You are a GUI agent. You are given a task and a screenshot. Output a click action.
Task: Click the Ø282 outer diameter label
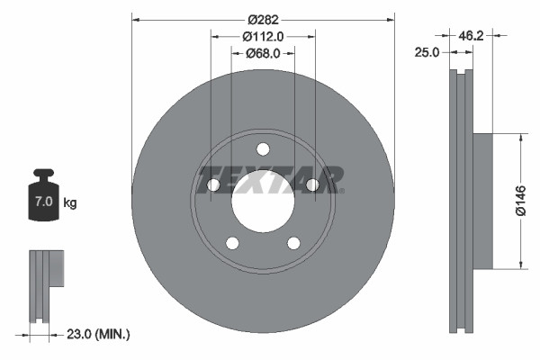click(263, 20)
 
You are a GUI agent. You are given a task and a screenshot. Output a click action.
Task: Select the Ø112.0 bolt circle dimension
click(263, 37)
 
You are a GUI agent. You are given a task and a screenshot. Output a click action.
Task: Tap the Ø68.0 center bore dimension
click(263, 53)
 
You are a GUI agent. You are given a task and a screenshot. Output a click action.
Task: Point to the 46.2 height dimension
click(472, 36)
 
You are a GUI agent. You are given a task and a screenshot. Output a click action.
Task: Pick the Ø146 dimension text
click(520, 201)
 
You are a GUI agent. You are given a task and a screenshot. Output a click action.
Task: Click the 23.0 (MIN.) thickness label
click(98, 334)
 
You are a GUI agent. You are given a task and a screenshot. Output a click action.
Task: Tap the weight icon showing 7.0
click(43, 193)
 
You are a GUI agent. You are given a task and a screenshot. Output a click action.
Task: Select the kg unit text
click(70, 202)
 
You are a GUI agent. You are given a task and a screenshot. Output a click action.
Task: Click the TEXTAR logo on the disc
click(269, 179)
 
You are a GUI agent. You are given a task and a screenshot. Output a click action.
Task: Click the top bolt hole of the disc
click(263, 149)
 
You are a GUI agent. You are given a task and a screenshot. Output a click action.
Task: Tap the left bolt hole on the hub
click(213, 185)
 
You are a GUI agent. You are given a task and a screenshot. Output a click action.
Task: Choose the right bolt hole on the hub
click(312, 185)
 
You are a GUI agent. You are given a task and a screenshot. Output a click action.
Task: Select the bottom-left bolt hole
click(232, 243)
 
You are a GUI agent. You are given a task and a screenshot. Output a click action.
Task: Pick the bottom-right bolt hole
click(293, 243)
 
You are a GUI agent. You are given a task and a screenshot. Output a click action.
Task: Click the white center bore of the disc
click(263, 202)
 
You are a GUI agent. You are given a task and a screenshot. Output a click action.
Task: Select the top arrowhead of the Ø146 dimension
click(520, 138)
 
